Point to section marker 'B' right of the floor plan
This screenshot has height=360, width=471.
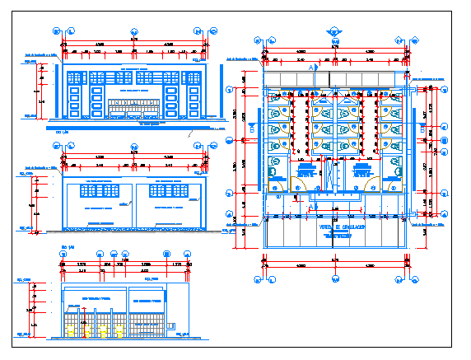[x=428, y=130]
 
